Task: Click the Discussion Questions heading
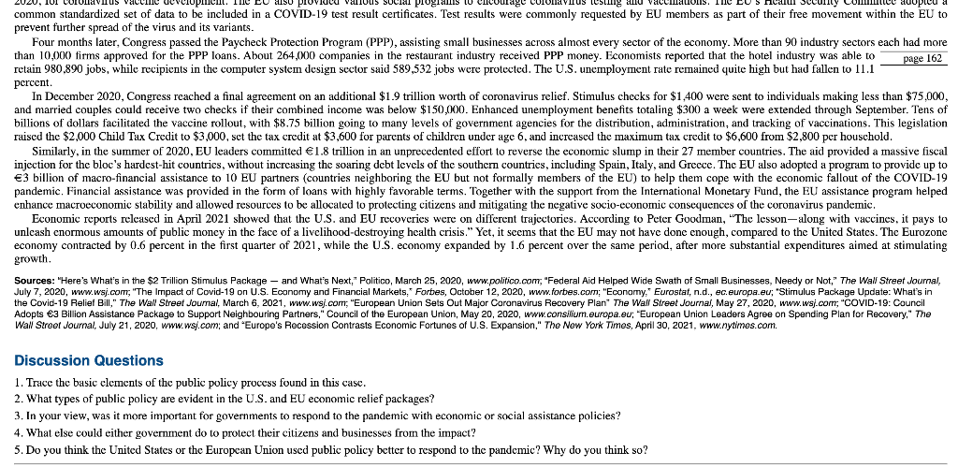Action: pos(89,360)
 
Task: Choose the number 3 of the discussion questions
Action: pos(20,415)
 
